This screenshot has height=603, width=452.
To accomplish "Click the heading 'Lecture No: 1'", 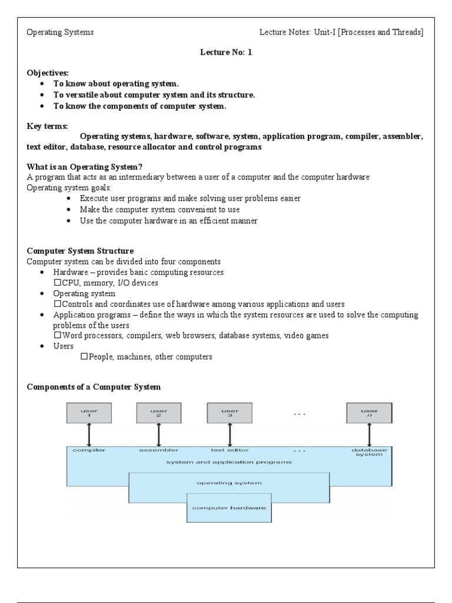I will click(226, 52).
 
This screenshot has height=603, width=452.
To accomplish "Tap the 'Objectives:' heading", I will click(48, 73).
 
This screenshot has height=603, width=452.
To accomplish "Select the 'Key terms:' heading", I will click(47, 126).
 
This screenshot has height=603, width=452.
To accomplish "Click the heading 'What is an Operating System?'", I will click(85, 167).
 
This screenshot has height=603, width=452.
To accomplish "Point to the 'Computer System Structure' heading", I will click(80, 251).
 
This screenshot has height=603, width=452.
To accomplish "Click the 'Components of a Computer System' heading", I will click(94, 387).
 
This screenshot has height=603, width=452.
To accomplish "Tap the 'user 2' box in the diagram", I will click(159, 413).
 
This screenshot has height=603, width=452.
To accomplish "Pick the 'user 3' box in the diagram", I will click(230, 413).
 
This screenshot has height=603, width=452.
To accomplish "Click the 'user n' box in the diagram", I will click(369, 413).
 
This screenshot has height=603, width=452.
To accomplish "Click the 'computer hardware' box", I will click(230, 507).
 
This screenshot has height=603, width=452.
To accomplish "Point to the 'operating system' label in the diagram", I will click(230, 482).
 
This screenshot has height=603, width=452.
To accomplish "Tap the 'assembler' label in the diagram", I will click(159, 450).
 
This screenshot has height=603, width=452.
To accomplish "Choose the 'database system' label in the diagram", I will click(369, 452).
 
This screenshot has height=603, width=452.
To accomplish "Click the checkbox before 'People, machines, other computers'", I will click(84, 356).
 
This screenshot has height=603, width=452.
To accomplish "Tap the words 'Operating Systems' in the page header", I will click(60, 32).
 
